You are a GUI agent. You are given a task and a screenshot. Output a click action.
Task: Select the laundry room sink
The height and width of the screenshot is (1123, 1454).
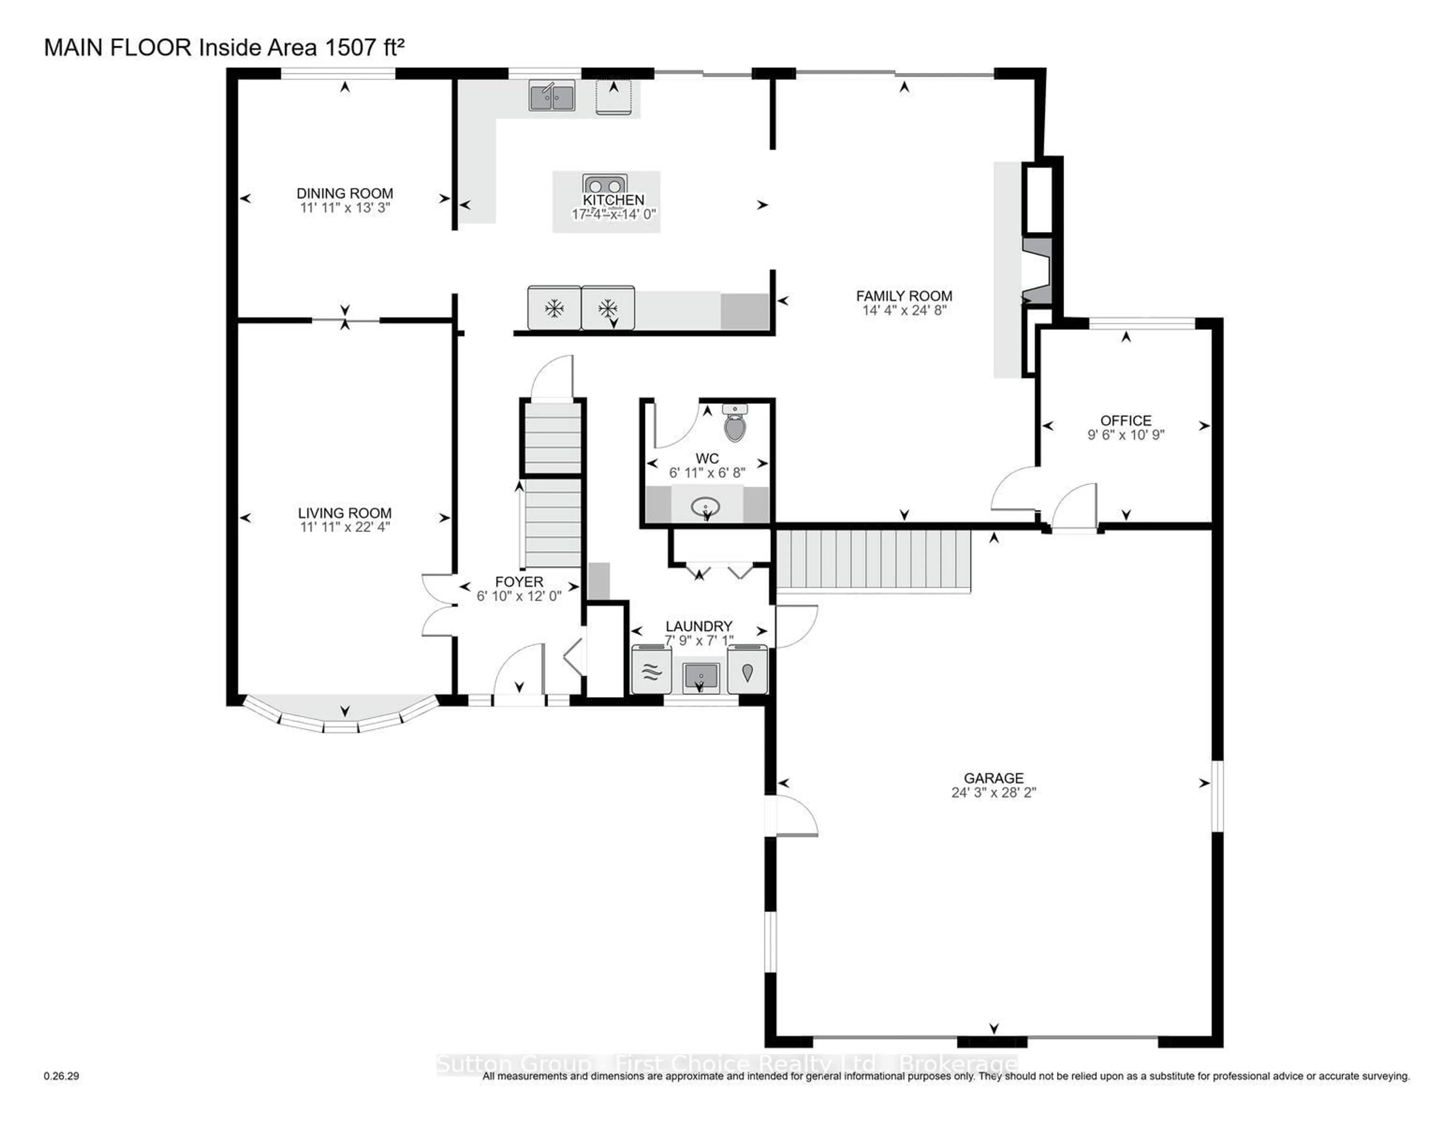(x=701, y=677)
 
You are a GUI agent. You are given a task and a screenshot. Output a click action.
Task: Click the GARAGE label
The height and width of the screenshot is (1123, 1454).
(x=993, y=777)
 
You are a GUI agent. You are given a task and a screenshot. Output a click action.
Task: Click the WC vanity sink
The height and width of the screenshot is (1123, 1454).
(x=706, y=509)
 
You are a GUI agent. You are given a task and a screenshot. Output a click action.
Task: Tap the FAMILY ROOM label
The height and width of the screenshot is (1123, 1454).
(x=903, y=296)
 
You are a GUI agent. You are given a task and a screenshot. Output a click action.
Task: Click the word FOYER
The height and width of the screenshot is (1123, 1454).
(x=519, y=582)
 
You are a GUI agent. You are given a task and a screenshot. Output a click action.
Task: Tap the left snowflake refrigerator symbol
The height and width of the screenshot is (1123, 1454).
(x=554, y=308)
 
